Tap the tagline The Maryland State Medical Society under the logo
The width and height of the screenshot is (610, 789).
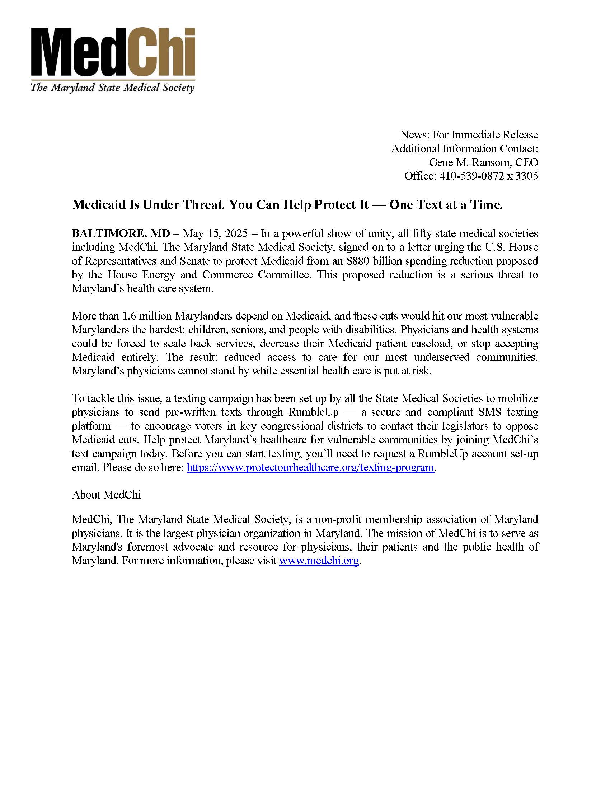pyautogui.click(x=112, y=88)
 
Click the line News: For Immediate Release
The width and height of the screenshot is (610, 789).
pyautogui.click(x=469, y=135)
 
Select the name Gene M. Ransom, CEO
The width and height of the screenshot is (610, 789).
pyautogui.click(x=483, y=162)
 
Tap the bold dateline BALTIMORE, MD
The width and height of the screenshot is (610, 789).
pyautogui.click(x=121, y=233)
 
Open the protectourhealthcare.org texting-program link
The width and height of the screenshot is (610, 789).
pyautogui.click(x=310, y=467)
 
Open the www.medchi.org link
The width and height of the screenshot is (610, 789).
pyautogui.click(x=319, y=561)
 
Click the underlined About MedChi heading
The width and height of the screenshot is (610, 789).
pyautogui.click(x=106, y=495)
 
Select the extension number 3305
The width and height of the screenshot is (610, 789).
pyautogui.click(x=526, y=176)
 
